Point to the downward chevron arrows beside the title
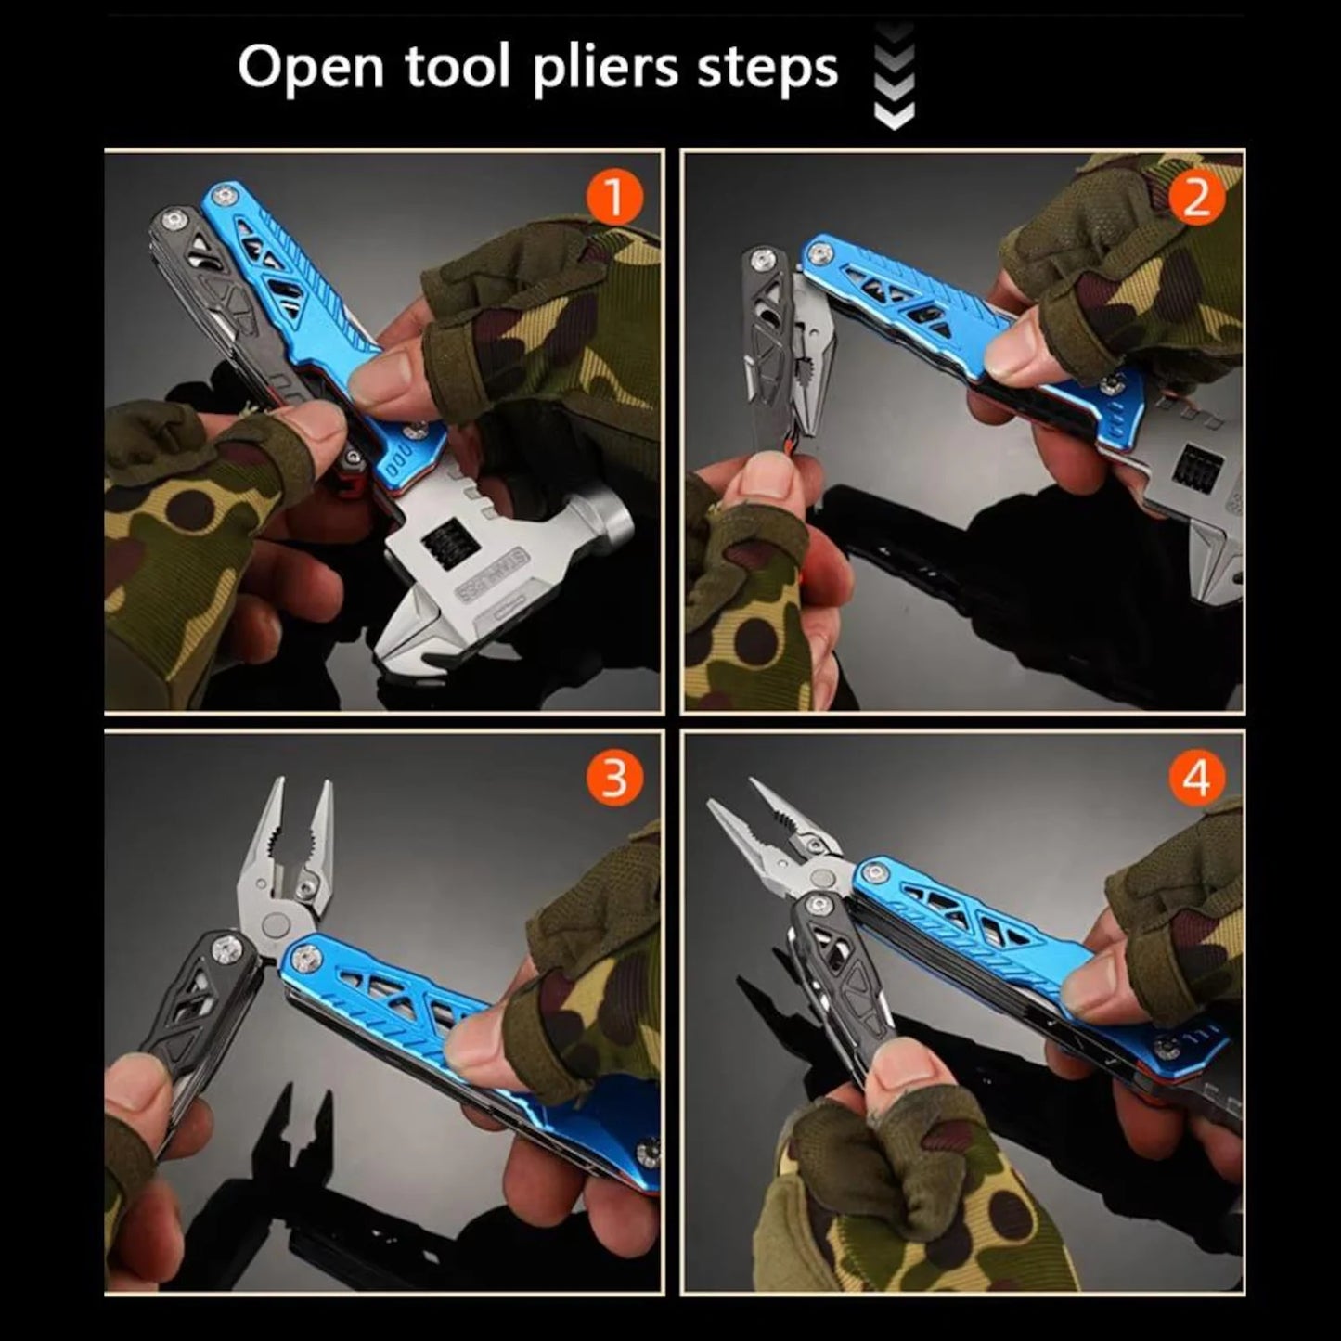[x=894, y=76]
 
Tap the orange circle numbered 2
[x=1197, y=198]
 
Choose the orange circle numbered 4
[x=1196, y=778]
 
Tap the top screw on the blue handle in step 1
[x=221, y=196]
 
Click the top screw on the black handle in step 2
[x=764, y=257]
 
